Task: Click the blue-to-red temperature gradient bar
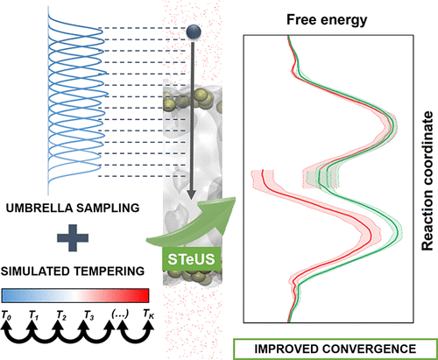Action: click(x=78, y=295)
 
